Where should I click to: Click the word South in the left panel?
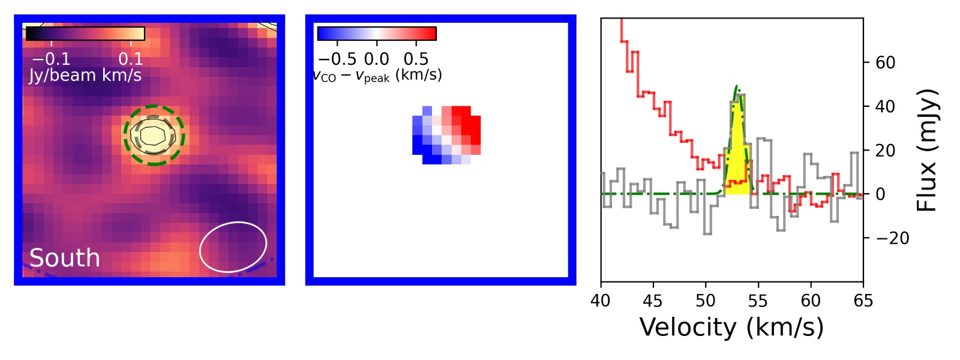click(65, 258)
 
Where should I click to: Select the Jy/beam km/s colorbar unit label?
click(85, 76)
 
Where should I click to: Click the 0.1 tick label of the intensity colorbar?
click(131, 59)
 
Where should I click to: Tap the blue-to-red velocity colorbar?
click(377, 34)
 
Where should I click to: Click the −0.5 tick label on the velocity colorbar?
click(337, 59)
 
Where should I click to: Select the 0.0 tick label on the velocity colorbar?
click(377, 59)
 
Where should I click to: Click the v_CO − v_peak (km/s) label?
click(378, 76)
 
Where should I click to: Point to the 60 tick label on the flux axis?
click(885, 62)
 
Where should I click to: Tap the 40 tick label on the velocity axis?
click(601, 301)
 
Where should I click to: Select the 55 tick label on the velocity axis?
click(758, 301)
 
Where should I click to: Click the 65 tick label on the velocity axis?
click(863, 301)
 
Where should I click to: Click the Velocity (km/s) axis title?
click(731, 328)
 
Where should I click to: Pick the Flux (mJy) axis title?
click(926, 150)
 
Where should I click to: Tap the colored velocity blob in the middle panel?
click(446, 135)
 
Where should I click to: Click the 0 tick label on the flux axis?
click(881, 194)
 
